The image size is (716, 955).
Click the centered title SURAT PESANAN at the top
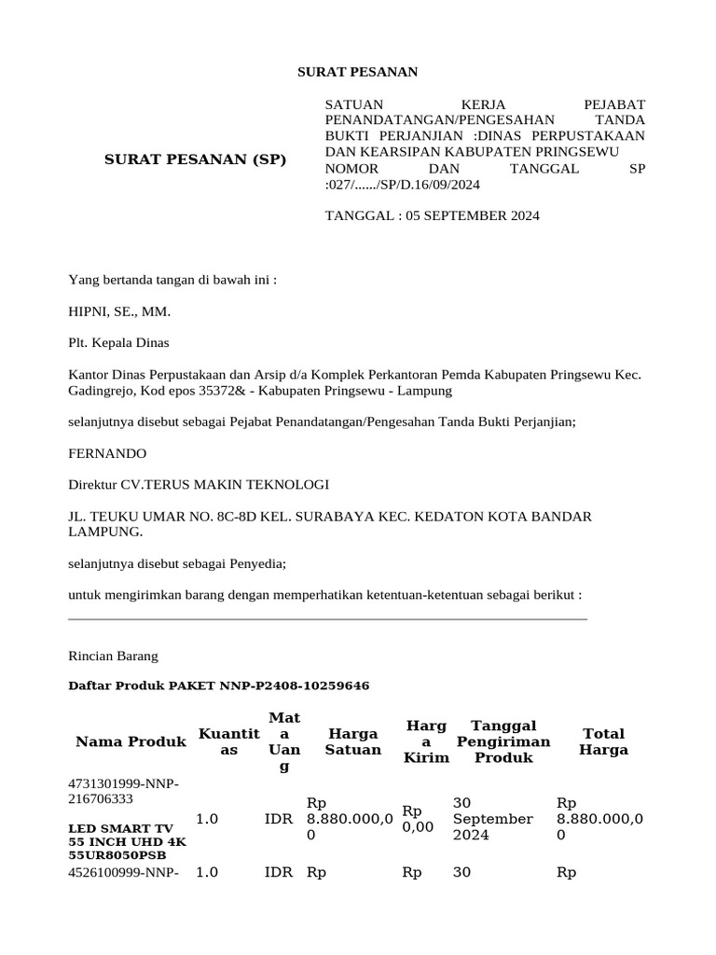point(357,72)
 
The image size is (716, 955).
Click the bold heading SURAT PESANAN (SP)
point(196,159)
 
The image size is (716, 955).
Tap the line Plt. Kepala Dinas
point(119,342)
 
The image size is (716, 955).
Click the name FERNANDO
point(108,453)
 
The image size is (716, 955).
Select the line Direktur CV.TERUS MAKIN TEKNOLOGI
point(199,485)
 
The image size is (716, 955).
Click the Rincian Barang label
point(114,656)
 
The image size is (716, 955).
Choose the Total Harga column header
point(603,741)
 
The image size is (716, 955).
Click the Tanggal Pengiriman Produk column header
point(503,741)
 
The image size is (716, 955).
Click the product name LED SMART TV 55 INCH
point(127,835)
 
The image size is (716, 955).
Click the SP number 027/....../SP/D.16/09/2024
point(404,185)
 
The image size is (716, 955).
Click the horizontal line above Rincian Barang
point(328,618)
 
